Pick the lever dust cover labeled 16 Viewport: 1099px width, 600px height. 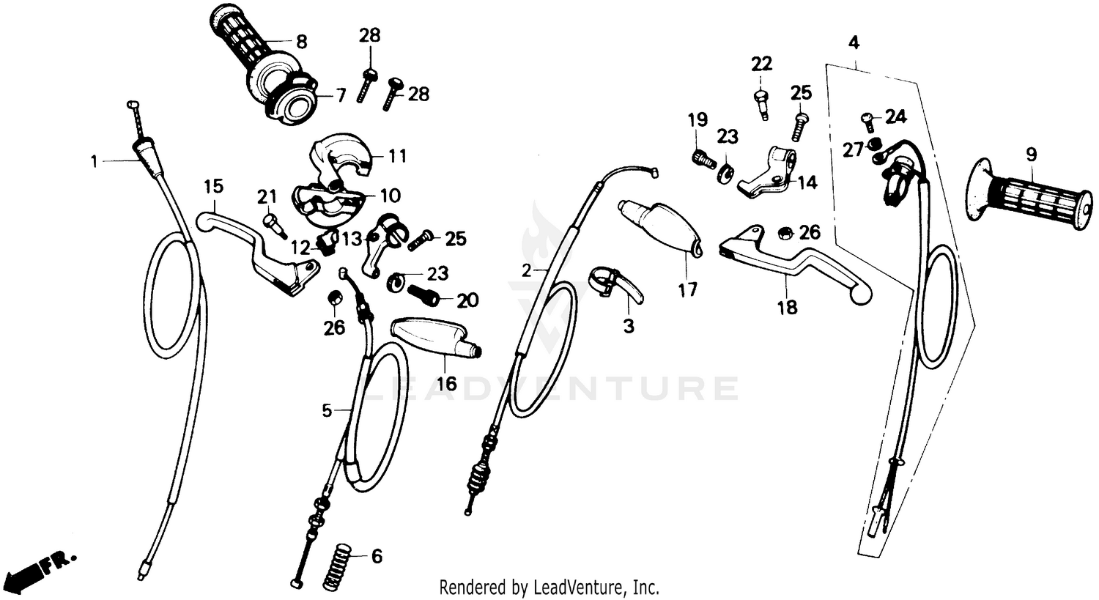coord(436,337)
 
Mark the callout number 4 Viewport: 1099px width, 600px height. coord(854,42)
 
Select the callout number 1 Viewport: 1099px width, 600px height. coord(94,160)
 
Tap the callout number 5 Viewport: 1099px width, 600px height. coord(327,410)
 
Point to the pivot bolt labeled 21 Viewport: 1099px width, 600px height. coord(273,223)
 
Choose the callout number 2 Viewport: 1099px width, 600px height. coord(525,270)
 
